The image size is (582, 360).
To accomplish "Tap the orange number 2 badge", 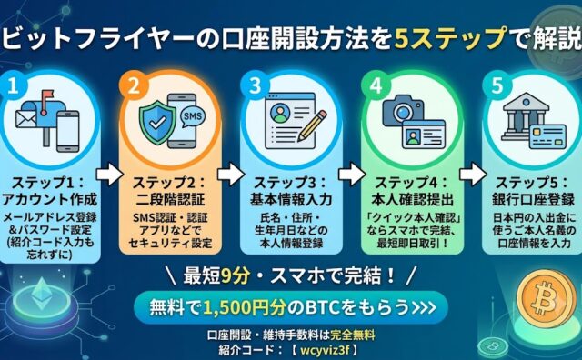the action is (x=134, y=86).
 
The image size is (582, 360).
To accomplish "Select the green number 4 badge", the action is (x=376, y=86).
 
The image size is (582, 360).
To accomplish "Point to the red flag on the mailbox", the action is (x=47, y=95).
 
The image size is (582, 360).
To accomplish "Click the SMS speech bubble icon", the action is (x=193, y=116).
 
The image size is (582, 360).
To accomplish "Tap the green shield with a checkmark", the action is (x=157, y=124).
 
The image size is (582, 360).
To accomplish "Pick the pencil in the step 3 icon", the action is (x=311, y=125).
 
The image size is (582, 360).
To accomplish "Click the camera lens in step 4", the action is (x=402, y=112).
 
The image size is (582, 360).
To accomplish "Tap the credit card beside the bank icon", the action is (x=547, y=136).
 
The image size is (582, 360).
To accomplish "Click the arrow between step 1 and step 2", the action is (x=109, y=174).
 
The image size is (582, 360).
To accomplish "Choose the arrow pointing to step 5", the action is (x=473, y=174).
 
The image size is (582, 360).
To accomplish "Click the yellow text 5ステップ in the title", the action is (x=450, y=39).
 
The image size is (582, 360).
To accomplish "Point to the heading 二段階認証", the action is (x=170, y=199).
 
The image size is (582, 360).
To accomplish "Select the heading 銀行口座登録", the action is (x=533, y=199).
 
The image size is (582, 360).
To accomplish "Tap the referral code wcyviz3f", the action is (x=325, y=350).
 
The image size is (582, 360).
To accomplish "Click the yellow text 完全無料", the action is (x=352, y=335).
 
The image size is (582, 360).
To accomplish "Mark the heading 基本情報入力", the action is (x=291, y=199).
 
